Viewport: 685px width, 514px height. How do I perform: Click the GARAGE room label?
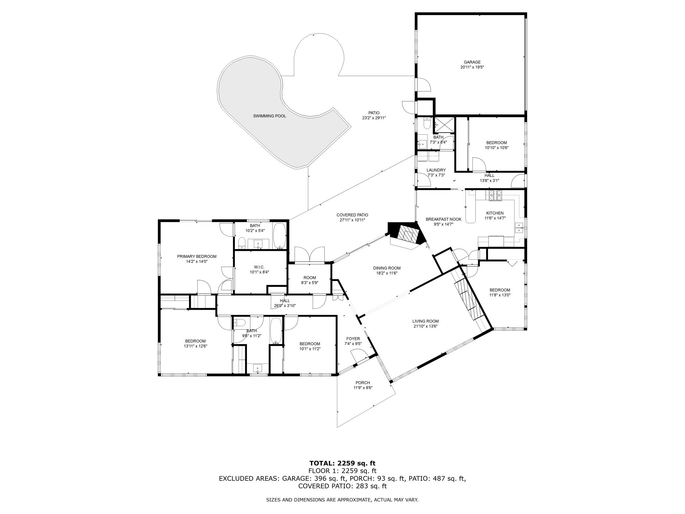click(472, 62)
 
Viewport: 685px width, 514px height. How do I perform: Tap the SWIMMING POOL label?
click(270, 116)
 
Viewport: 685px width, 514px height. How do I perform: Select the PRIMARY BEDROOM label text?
click(197, 256)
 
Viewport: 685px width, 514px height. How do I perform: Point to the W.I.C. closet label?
click(259, 267)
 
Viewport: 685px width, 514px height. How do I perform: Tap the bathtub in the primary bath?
click(280, 236)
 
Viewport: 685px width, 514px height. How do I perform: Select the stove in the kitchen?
click(495, 195)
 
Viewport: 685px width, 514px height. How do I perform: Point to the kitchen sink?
click(520, 228)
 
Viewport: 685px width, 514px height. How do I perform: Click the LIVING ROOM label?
click(425, 321)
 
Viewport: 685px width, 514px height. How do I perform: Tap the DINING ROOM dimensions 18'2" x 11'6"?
click(387, 273)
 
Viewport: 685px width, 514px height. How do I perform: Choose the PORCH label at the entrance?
click(363, 383)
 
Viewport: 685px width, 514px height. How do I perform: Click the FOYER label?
click(353, 339)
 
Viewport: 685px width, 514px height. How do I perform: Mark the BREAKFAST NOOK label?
click(444, 219)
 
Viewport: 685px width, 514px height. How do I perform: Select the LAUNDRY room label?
click(436, 170)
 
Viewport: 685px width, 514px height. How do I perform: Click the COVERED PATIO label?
click(352, 215)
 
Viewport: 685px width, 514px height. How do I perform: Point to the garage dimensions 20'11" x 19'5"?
click(472, 67)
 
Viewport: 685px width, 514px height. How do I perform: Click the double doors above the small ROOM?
click(310, 254)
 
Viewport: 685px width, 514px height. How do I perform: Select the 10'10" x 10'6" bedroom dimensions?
click(497, 148)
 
